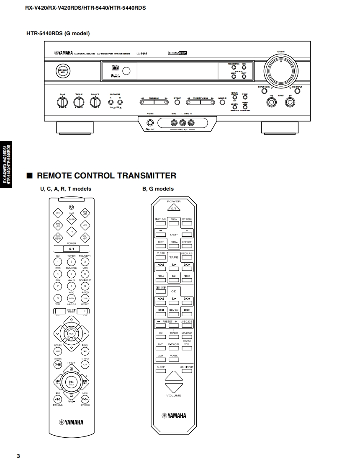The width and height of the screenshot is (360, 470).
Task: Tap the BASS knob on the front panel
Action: pos(62,101)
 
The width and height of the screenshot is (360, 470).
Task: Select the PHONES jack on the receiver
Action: pos(150,123)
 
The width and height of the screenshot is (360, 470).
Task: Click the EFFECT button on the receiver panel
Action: pos(177,102)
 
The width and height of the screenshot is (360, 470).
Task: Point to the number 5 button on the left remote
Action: pos(72,274)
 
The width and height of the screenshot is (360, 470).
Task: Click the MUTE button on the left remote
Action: pos(71,333)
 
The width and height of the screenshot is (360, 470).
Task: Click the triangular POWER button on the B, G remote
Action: pos(174,207)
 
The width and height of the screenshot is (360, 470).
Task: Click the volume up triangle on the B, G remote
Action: pos(174,376)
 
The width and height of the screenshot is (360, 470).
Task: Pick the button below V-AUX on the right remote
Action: pos(174,360)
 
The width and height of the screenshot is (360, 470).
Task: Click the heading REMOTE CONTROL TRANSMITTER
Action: pos(106,176)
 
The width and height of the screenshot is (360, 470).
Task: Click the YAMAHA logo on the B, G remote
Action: pos(174,416)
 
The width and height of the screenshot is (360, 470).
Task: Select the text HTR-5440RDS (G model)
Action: pos(58,34)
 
